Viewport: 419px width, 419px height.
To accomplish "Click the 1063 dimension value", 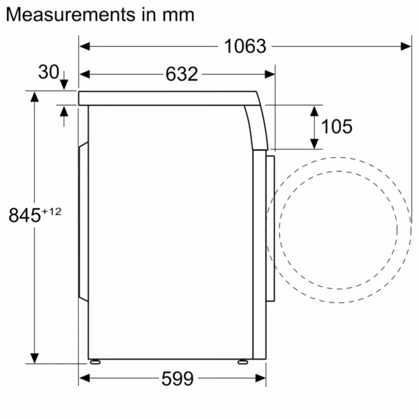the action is (x=245, y=46).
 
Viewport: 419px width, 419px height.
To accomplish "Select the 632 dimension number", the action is (x=182, y=74).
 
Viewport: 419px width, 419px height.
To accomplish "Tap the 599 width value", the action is (x=177, y=378).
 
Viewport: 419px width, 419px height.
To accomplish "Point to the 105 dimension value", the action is (x=337, y=126).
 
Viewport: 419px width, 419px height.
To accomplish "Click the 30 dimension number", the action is (x=48, y=72).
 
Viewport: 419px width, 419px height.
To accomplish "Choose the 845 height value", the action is (x=24, y=215).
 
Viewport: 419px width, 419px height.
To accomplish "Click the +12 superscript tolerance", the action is (x=52, y=212).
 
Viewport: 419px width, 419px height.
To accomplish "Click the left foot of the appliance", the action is (x=95, y=362).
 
